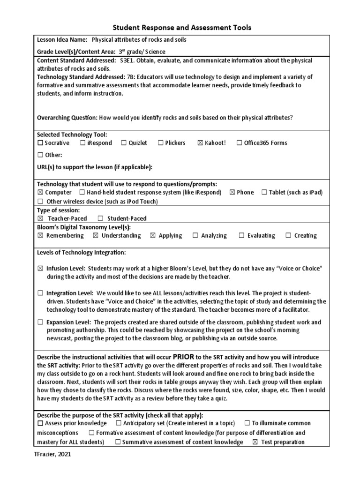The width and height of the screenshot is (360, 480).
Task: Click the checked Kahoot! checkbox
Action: pyautogui.click(x=200, y=143)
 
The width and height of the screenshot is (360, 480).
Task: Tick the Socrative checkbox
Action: pyautogui.click(x=40, y=143)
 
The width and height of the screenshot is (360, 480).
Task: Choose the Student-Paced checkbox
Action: pyautogui.click(x=100, y=218)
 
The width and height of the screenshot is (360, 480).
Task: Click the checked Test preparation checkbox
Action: pyautogui.click(x=255, y=442)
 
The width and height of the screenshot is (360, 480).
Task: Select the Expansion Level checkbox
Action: pyautogui.click(x=40, y=322)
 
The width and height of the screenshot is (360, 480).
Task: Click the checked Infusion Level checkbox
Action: pyautogui.click(x=40, y=268)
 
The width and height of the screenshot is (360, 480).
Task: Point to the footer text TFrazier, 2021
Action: pyautogui.click(x=52, y=454)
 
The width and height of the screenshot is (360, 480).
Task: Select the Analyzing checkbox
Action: pyautogui.click(x=195, y=236)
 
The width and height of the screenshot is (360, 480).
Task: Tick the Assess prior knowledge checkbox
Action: pyautogui.click(x=40, y=423)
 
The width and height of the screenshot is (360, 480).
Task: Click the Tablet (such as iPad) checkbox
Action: pyautogui.click(x=264, y=193)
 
